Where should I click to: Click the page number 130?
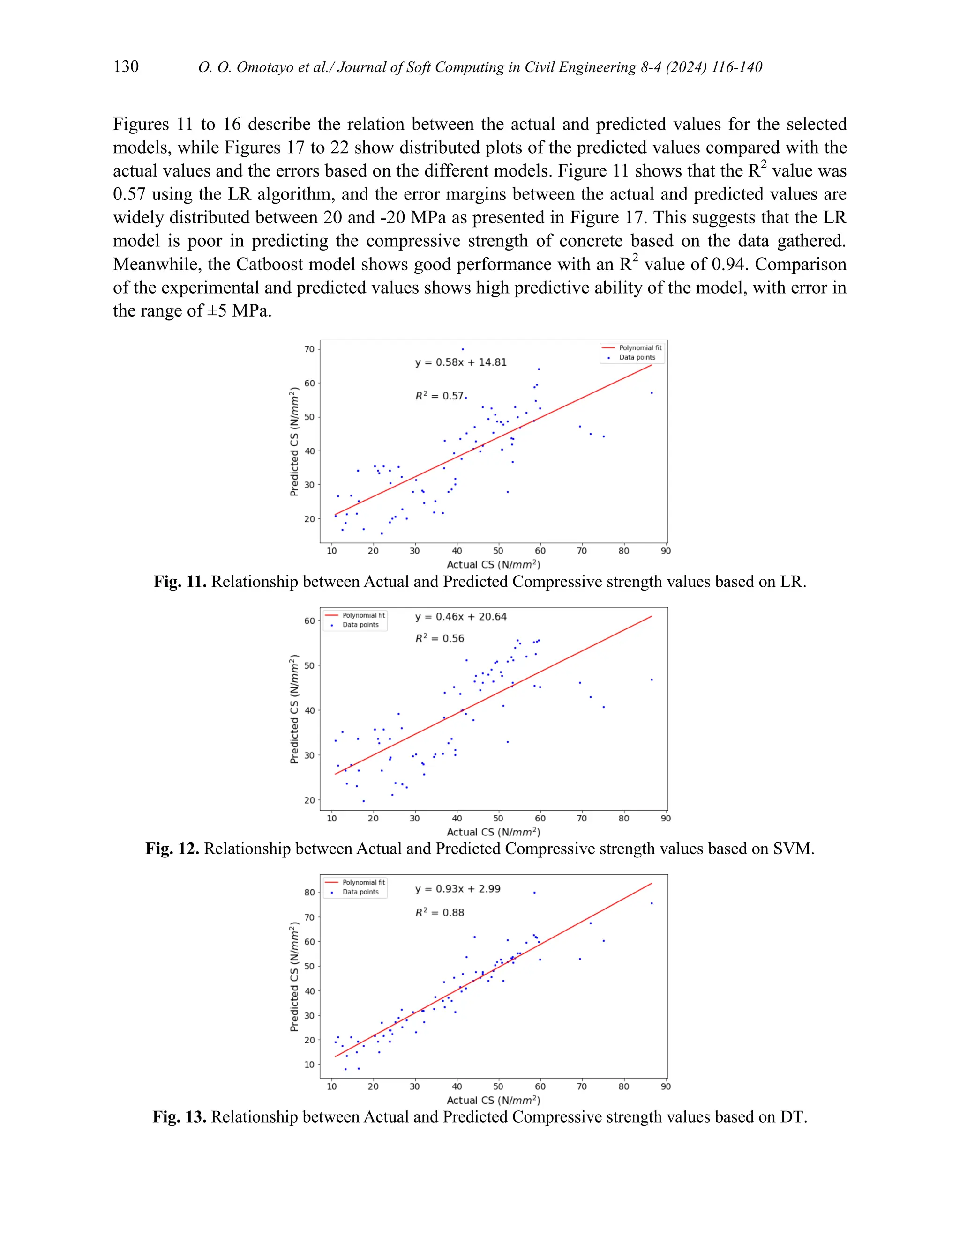[126, 66]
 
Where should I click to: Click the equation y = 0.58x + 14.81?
[461, 362]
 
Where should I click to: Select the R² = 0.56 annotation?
[440, 639]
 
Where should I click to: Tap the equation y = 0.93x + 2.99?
[458, 889]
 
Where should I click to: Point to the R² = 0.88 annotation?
[440, 913]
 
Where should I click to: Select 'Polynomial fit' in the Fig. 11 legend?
[640, 348]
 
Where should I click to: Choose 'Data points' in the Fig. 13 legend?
[360, 892]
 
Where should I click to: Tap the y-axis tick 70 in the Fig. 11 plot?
[309, 349]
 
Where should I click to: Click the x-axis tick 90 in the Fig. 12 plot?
[666, 819]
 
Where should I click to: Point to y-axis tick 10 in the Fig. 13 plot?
[309, 1065]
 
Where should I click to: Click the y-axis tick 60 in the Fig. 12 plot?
[309, 621]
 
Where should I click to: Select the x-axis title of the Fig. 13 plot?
[493, 1100]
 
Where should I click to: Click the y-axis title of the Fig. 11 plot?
[294, 442]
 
